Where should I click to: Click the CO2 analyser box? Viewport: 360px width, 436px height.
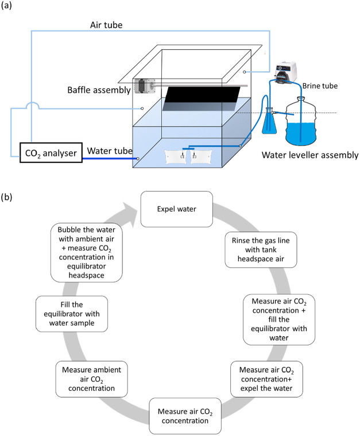click(x=51, y=153)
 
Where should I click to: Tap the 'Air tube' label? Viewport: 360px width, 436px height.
click(x=106, y=25)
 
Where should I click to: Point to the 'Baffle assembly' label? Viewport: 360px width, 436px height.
click(x=99, y=90)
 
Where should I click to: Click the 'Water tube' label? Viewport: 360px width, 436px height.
click(x=110, y=151)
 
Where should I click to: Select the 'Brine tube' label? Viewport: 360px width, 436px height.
click(x=320, y=85)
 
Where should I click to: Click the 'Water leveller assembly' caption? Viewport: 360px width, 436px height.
click(x=310, y=155)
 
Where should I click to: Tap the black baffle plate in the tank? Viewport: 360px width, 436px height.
click(x=201, y=99)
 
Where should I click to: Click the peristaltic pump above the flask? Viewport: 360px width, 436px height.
click(x=285, y=72)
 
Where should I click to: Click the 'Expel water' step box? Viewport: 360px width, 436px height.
click(x=177, y=209)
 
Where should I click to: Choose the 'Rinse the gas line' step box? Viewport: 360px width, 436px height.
click(x=261, y=250)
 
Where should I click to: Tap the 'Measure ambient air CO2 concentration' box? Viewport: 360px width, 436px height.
click(x=91, y=379)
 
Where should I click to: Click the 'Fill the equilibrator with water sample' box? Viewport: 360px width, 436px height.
click(x=72, y=314)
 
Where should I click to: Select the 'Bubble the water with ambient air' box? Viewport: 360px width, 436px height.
click(x=87, y=252)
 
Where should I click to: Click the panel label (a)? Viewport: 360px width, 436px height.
click(x=6, y=5)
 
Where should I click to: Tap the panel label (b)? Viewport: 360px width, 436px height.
click(x=6, y=197)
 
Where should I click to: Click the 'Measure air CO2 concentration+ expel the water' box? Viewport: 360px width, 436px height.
click(x=266, y=379)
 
